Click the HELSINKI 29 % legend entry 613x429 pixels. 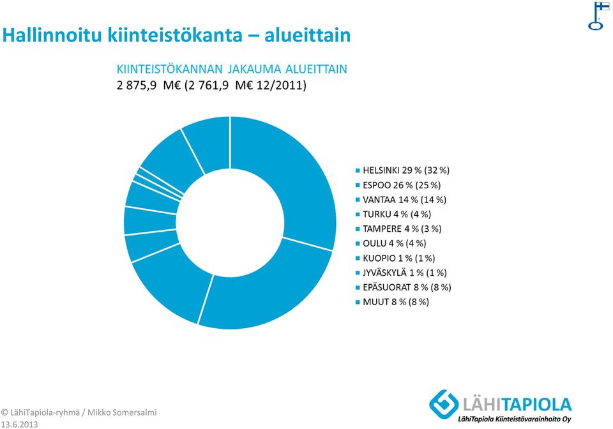pos(403,170)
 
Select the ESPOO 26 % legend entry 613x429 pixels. pos(398,184)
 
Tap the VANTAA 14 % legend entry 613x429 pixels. pos(401,200)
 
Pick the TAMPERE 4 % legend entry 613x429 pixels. pos(398,229)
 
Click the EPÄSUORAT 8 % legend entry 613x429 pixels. pos(404,287)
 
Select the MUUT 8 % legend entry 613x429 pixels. pos(392,301)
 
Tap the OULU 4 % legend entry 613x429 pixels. pos(391,243)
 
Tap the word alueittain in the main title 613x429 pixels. pos(308,35)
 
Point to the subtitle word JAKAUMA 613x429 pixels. pos(255,69)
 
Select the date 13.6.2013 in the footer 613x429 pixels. pos(20,425)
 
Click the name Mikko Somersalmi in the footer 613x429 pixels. pos(122,412)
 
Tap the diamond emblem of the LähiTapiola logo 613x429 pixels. pos(444,404)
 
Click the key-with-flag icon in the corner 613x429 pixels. pos(598,15)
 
